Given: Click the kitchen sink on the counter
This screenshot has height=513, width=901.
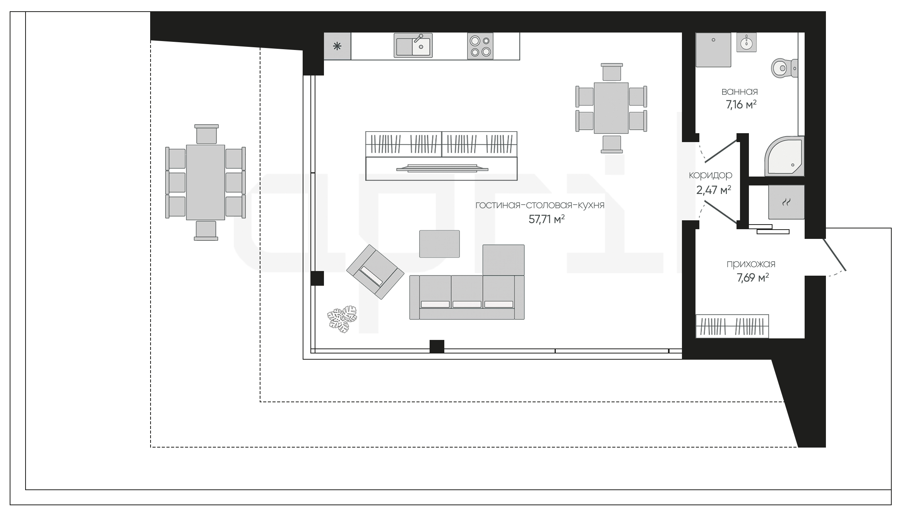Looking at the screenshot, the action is [413, 45].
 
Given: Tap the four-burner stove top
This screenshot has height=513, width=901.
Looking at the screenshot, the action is [480, 46].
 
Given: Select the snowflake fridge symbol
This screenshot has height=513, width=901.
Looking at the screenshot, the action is [337, 46].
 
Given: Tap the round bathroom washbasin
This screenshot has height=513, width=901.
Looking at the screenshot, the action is [746, 42].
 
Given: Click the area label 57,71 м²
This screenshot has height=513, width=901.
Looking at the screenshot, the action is [546, 220].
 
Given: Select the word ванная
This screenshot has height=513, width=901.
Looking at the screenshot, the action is [740, 92].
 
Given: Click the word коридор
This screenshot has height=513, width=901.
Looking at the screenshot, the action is [711, 175].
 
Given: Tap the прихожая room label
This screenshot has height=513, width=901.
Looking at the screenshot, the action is [751, 264].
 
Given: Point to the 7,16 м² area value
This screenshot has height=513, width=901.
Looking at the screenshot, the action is [741, 105].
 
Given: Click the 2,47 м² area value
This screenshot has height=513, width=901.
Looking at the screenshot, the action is [714, 190].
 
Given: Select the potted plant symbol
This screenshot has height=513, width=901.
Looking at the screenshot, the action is [343, 319].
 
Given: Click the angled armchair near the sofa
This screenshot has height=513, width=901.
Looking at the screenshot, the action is [375, 272].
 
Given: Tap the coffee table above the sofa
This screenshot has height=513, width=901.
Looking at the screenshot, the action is [440, 244].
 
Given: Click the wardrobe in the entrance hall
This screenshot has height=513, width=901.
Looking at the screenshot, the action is [732, 326].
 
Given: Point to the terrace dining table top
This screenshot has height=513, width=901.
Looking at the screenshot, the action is [206, 182].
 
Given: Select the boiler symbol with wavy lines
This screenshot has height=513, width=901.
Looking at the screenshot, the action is [786, 202].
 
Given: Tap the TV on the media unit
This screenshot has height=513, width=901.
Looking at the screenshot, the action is [442, 168].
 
